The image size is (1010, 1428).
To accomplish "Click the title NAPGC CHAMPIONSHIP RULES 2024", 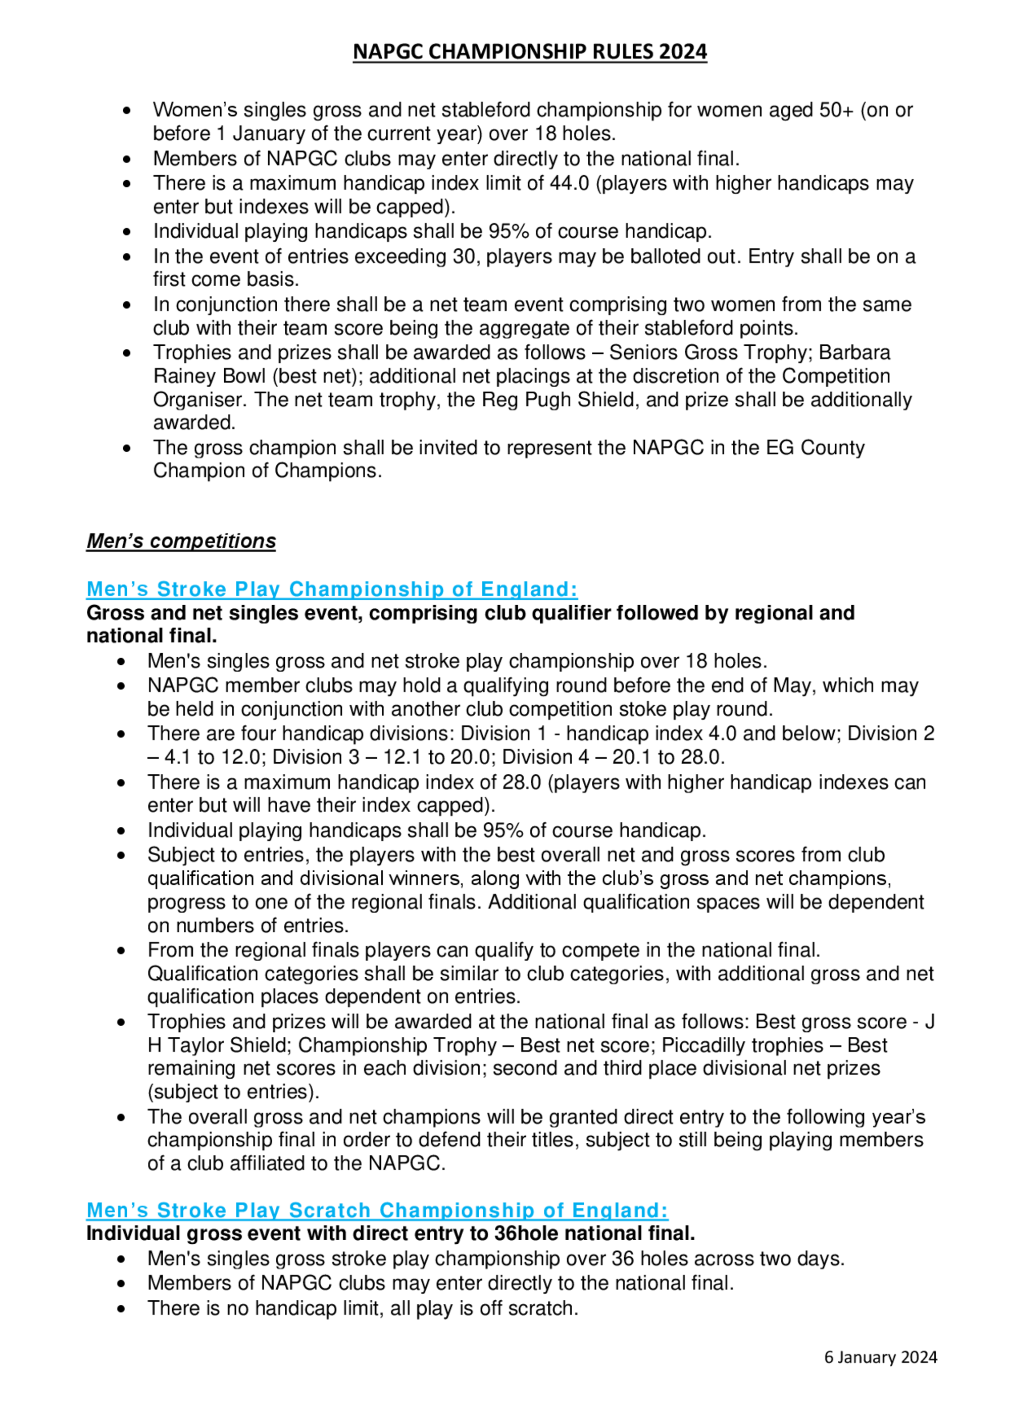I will coord(530,51).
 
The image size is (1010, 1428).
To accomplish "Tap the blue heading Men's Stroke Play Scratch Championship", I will coord(377,1210).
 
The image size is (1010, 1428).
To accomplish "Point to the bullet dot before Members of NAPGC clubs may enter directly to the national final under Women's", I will coord(127,159).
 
